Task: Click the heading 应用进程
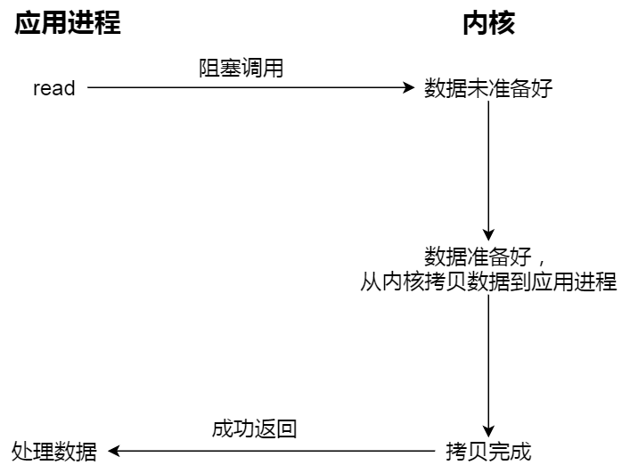[x=67, y=23]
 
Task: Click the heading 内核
[x=488, y=23]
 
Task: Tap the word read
[x=54, y=88]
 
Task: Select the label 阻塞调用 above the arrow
[x=241, y=69]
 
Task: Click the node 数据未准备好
[x=488, y=88]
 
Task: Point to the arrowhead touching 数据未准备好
[x=410, y=88]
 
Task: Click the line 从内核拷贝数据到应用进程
[x=488, y=282]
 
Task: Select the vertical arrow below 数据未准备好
[x=488, y=169]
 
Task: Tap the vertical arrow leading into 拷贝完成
[x=488, y=365]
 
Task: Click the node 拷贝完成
[x=488, y=452]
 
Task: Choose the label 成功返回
[x=254, y=428]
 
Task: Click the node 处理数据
[x=54, y=452]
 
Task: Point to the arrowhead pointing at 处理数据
[x=113, y=452]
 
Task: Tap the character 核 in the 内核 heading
[x=502, y=23]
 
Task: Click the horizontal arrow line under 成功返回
[x=276, y=452]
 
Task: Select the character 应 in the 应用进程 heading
[x=27, y=23]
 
